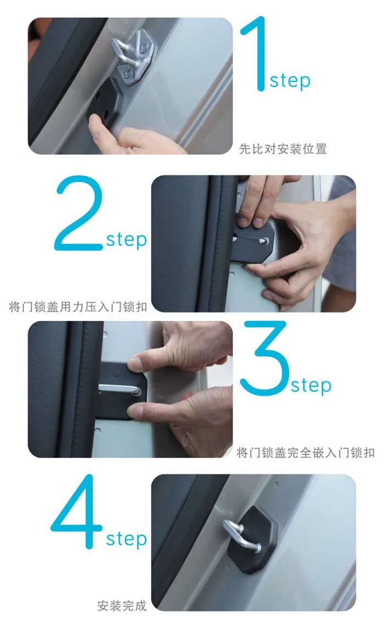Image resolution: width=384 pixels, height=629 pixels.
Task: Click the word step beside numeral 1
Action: (290, 81)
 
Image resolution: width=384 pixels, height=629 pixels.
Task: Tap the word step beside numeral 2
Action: (126, 240)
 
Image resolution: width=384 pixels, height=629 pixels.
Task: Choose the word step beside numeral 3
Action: (311, 385)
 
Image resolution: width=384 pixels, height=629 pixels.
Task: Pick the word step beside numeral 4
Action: (126, 539)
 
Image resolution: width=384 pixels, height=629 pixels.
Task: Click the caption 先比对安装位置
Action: (283, 149)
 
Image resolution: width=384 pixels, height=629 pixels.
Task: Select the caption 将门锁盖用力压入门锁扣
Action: (78, 307)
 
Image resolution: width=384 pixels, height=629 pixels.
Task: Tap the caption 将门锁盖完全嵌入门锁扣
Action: (306, 452)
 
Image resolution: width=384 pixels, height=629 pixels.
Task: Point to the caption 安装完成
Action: (122, 605)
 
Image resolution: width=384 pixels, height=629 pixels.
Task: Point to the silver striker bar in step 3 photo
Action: (120, 388)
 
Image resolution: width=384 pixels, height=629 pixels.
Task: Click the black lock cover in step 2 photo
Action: (252, 242)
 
